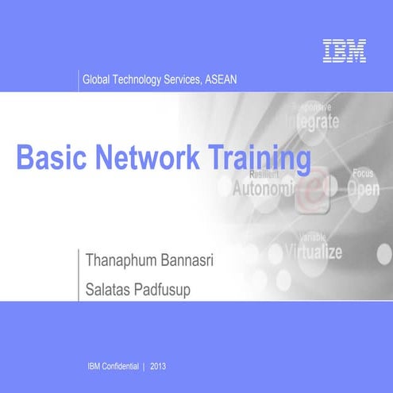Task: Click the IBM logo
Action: pos(345,51)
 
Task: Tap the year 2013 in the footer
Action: pos(157,366)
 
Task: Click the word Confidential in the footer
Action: pos(120,366)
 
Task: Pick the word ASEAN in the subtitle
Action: pos(221,80)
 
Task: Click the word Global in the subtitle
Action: pos(97,80)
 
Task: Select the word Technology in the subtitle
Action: pos(141,80)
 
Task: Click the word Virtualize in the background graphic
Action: pos(314,252)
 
